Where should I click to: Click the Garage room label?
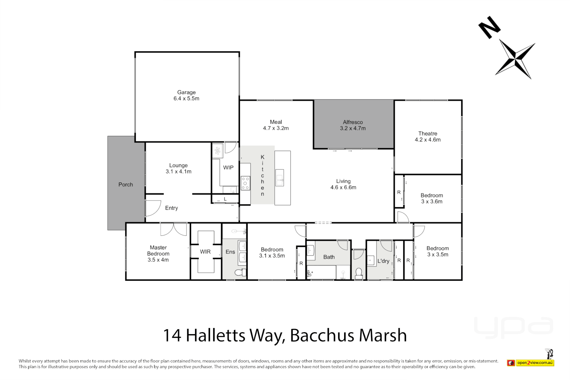[186, 92]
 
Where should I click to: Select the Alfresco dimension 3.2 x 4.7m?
[353, 128]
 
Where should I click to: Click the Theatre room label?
[427, 133]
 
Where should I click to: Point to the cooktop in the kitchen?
[245, 183]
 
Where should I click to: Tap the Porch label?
[126, 184]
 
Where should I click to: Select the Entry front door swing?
[152, 208]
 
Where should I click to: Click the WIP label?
[228, 167]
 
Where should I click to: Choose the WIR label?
[205, 252]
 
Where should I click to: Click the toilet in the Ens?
[240, 273]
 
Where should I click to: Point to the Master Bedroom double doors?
[173, 229]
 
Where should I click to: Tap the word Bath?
[329, 257]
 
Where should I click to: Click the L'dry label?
[383, 261]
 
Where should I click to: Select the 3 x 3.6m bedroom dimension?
[432, 202]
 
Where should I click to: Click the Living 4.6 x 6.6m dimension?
[343, 188]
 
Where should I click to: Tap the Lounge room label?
[178, 165]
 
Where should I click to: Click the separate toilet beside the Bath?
[359, 273]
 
